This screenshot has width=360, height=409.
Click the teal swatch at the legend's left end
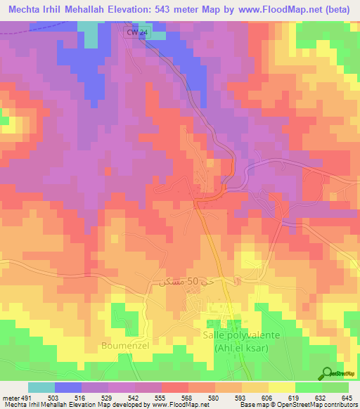41,387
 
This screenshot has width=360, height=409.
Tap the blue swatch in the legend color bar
67,387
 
